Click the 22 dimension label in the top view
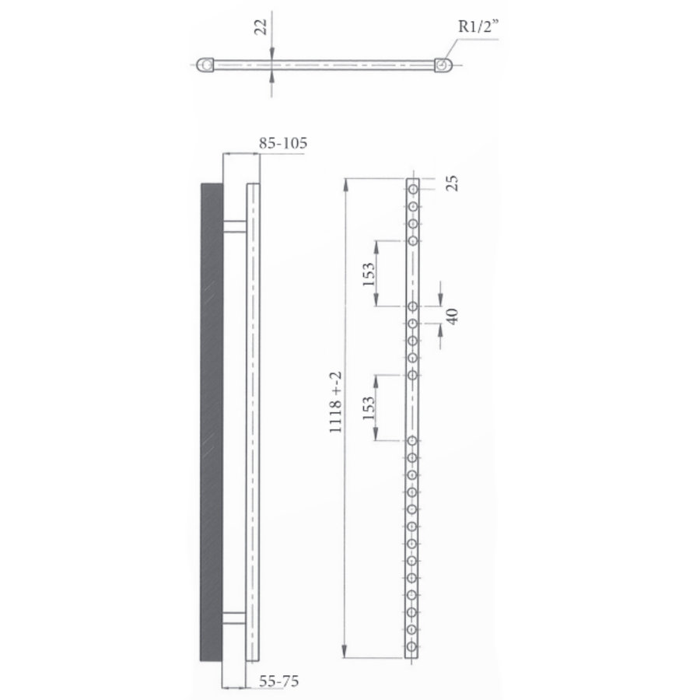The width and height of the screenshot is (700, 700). click(262, 28)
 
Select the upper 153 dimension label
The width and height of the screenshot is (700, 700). click(369, 273)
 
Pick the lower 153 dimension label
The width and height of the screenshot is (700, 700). click(369, 408)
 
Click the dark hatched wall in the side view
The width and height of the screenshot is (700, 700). click(211, 420)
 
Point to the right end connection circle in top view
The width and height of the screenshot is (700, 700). click(443, 65)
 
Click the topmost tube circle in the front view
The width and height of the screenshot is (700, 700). click(413, 189)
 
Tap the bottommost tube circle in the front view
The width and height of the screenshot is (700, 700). click(413, 646)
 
